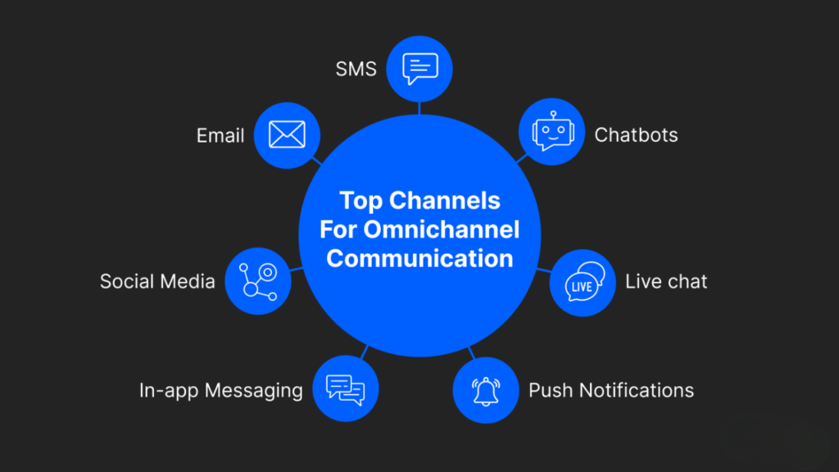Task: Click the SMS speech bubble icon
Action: pos(420,69)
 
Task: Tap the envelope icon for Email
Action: pos(287,134)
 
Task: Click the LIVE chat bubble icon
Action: pos(583,283)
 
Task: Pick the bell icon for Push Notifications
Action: pos(486,390)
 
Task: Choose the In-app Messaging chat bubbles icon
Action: pos(346,389)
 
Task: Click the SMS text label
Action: pos(356,69)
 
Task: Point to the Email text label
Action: pos(220,135)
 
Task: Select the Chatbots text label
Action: pos(636,134)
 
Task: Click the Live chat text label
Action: pos(666,282)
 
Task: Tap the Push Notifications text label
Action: pos(611,390)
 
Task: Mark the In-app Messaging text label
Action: pos(221,390)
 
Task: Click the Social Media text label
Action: pos(157,282)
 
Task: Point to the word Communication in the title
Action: pos(419,258)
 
